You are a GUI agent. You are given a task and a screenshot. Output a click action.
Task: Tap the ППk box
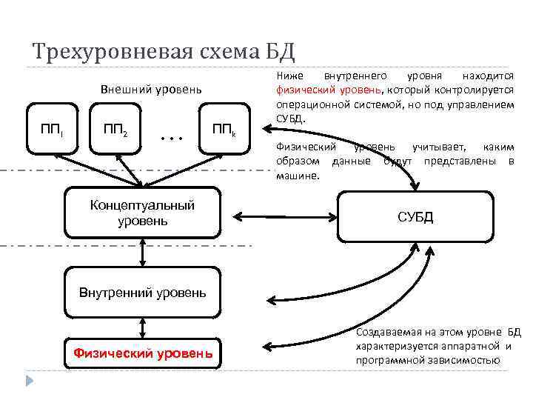pos(224,131)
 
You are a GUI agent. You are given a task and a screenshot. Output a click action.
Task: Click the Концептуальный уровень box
pos(141,213)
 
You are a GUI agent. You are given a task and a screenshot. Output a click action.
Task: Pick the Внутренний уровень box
pos(142,292)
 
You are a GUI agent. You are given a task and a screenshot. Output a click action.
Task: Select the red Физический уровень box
pos(143,353)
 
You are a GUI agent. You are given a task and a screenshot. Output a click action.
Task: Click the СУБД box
pos(415,217)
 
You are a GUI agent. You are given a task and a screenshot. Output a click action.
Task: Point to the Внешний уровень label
pos(150,90)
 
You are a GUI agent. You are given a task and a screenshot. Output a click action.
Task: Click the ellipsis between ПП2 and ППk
pos(170,138)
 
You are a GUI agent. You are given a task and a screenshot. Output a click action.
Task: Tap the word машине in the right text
pos(296,176)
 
